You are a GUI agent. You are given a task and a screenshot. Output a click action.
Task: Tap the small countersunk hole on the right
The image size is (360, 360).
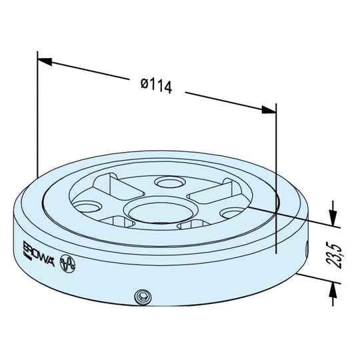pyautogui.click(x=232, y=214)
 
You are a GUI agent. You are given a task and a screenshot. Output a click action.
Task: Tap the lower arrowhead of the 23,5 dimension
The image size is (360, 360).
pyautogui.click(x=332, y=285)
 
